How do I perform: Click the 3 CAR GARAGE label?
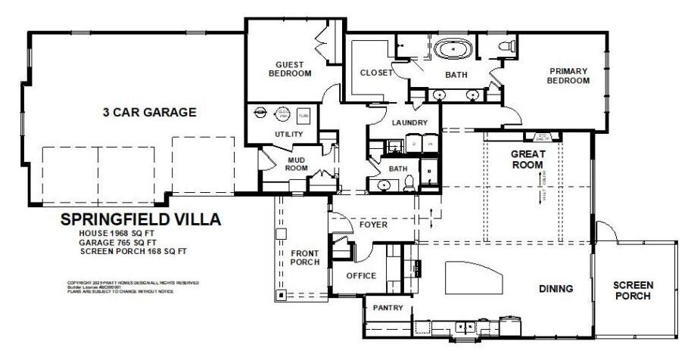click(150, 112)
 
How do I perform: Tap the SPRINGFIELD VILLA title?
click(140, 220)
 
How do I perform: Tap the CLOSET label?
click(376, 73)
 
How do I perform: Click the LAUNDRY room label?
click(410, 123)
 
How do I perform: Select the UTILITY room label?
click(288, 135)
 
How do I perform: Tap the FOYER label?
click(374, 224)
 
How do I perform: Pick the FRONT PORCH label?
click(305, 258)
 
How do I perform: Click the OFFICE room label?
click(360, 275)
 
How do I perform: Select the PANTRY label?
click(388, 308)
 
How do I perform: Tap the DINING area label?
click(555, 288)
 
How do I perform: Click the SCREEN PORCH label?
click(633, 290)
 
